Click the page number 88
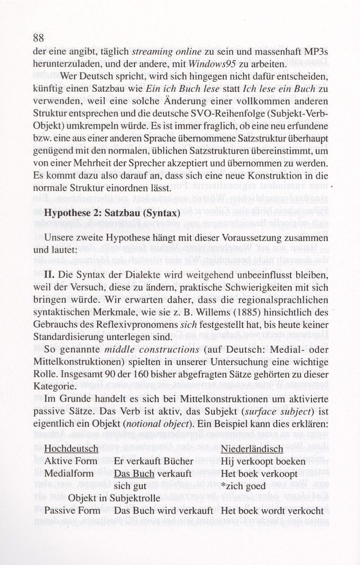point(40,39)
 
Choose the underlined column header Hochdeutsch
point(72,449)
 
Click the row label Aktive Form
point(71,462)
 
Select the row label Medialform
point(69,474)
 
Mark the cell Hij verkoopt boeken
point(259,462)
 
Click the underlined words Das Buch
point(134,474)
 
